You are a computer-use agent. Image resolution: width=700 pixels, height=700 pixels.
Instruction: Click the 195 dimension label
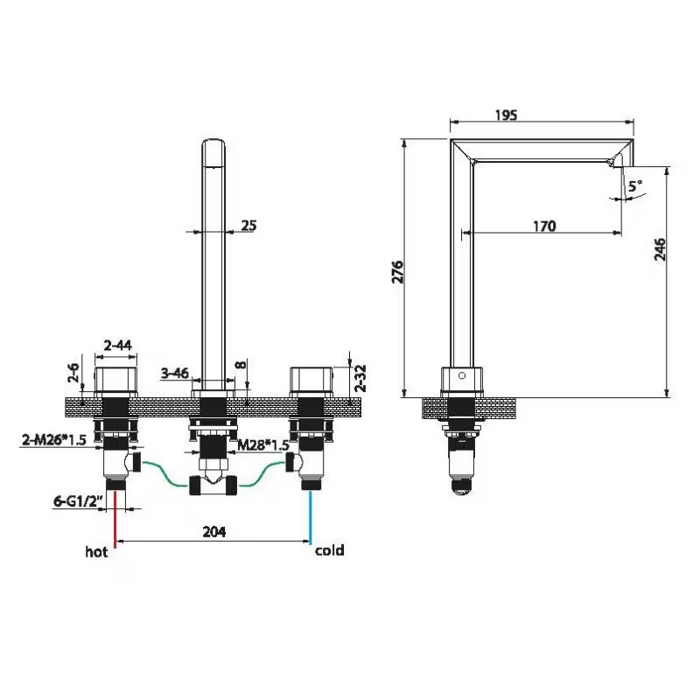click(507, 115)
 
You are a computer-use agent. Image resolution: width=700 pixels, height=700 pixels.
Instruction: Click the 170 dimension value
click(544, 227)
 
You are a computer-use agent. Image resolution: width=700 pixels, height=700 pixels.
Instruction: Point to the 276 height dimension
click(397, 272)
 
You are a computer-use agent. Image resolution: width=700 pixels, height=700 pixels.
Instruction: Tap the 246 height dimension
click(659, 249)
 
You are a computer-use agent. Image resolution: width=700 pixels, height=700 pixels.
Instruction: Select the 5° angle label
click(635, 185)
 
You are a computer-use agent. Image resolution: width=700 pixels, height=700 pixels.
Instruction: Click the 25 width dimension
click(248, 226)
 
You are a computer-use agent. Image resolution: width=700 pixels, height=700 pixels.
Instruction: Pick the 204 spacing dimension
click(214, 532)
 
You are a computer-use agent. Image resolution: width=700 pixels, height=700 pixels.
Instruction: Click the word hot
click(96, 552)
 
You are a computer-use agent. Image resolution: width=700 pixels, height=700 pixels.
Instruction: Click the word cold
click(330, 550)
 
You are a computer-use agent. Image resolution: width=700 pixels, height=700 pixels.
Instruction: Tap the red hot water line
click(115, 519)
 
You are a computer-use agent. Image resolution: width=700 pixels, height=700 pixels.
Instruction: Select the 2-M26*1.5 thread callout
click(54, 440)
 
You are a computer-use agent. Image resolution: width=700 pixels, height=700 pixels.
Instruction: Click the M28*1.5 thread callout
click(263, 445)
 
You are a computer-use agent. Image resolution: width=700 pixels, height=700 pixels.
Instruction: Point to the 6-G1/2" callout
click(79, 501)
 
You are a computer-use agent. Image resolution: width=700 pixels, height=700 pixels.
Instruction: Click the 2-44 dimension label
click(118, 345)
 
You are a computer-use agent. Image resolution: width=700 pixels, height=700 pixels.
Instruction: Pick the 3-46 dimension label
click(175, 373)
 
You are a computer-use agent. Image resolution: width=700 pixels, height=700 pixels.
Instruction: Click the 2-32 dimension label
click(360, 378)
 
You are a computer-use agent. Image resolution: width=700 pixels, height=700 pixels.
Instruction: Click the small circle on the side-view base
click(462, 375)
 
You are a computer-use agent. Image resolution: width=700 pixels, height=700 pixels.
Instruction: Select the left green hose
click(165, 474)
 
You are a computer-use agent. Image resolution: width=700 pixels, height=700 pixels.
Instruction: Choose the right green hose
click(262, 474)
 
